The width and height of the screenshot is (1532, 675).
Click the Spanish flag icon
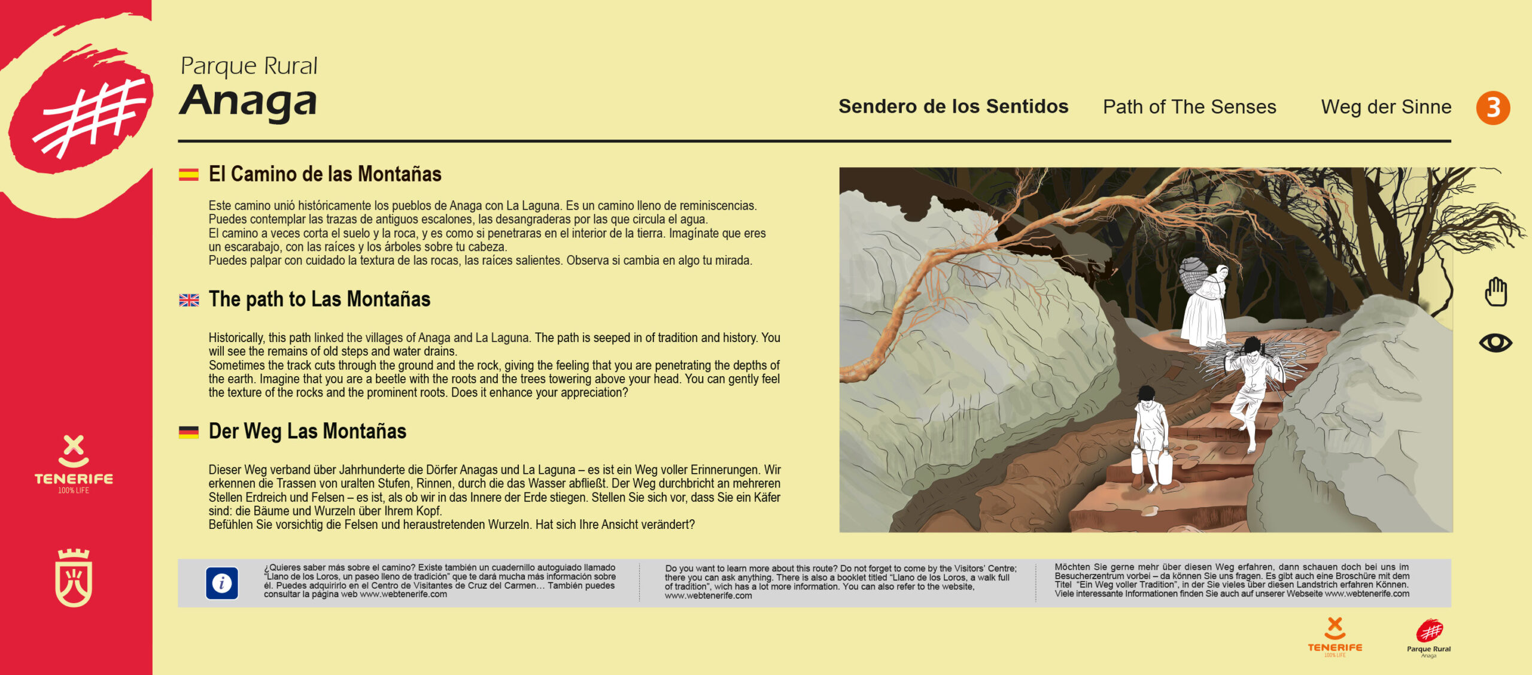(x=189, y=174)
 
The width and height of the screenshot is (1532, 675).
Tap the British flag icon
(x=189, y=300)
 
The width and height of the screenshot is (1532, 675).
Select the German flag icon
(x=189, y=432)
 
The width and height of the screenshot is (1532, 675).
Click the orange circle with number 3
(x=1493, y=108)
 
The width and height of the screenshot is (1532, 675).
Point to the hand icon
(x=1495, y=292)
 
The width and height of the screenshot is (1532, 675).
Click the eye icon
(x=1495, y=343)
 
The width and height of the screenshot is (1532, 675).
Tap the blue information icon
(x=222, y=583)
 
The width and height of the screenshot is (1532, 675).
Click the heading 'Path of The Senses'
(x=1189, y=107)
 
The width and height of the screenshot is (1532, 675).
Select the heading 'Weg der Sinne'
(x=1386, y=107)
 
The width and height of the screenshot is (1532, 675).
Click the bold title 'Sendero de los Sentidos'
(x=953, y=107)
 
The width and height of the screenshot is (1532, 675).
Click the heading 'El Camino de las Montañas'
(x=324, y=174)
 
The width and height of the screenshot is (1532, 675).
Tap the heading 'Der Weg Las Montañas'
(x=307, y=431)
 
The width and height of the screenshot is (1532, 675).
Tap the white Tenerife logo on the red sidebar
(x=74, y=465)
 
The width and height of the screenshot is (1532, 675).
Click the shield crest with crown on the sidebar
(x=74, y=577)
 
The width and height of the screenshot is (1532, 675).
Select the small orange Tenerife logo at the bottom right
(x=1335, y=637)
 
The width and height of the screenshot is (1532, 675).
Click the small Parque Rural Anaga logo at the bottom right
(x=1428, y=638)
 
